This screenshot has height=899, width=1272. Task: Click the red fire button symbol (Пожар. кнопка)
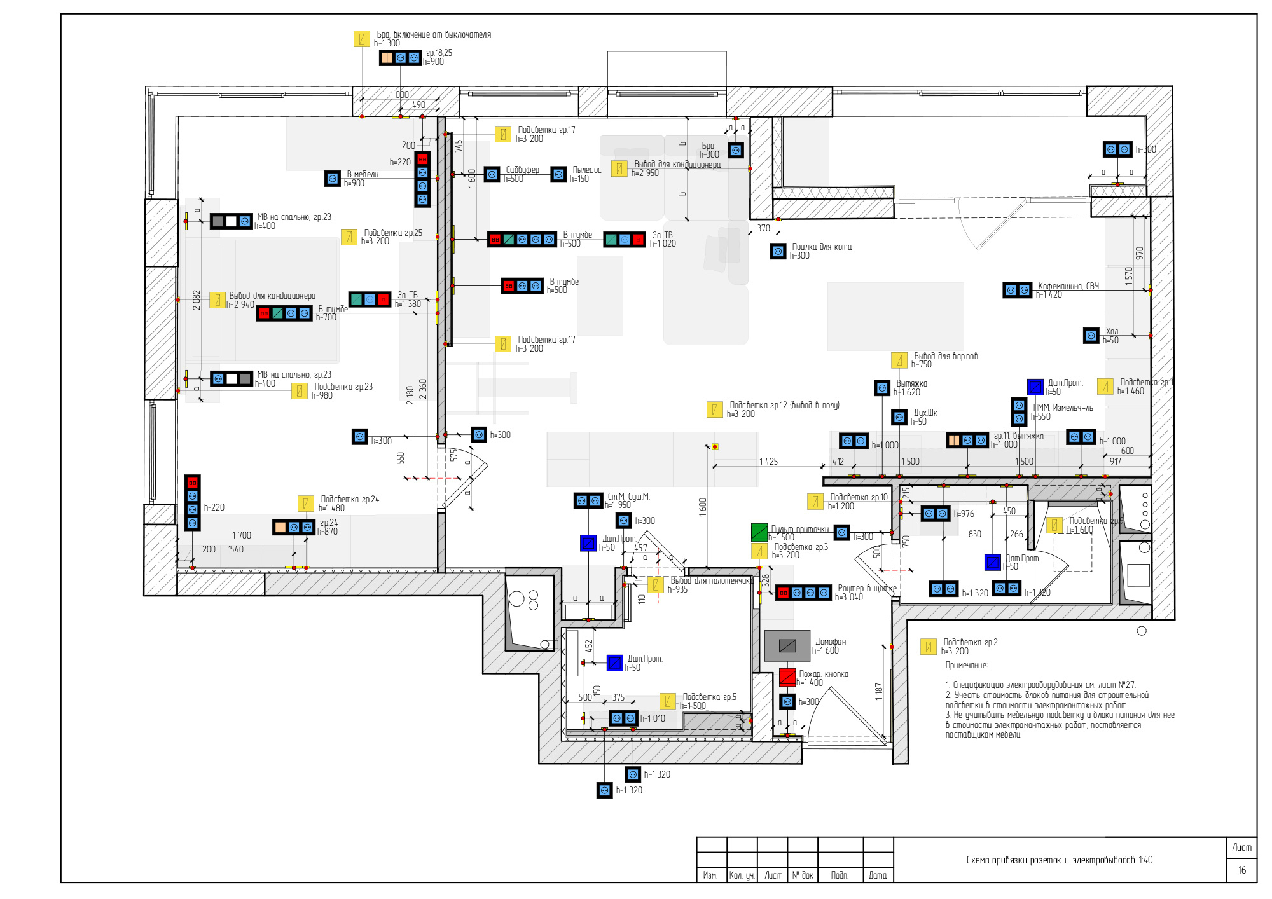(787, 677)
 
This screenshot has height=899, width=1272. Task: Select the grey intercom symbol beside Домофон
(787, 646)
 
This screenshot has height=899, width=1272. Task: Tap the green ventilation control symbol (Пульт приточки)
(759, 532)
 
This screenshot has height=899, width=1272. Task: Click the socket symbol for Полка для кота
(778, 251)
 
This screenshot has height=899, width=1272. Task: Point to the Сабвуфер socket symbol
(492, 174)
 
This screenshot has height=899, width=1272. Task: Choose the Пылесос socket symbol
(558, 174)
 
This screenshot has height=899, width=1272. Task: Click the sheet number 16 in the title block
(1241, 870)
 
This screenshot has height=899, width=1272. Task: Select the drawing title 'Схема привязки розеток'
(1059, 860)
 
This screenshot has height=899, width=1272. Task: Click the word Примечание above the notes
(966, 666)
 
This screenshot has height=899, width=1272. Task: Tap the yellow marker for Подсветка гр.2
(929, 647)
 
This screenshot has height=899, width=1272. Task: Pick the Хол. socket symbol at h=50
(1091, 335)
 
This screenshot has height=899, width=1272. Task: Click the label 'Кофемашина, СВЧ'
(1068, 286)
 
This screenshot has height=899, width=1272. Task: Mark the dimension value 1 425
(768, 462)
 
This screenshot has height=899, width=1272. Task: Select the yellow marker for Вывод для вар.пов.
(899, 360)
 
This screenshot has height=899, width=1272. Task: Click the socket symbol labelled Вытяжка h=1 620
(882, 388)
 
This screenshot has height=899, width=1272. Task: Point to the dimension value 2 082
(197, 300)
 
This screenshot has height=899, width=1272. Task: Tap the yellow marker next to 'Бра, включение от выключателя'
(362, 39)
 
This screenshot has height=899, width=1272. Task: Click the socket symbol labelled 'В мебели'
(333, 179)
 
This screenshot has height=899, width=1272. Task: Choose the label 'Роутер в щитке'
(867, 589)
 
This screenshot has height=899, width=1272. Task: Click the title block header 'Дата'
(878, 875)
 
